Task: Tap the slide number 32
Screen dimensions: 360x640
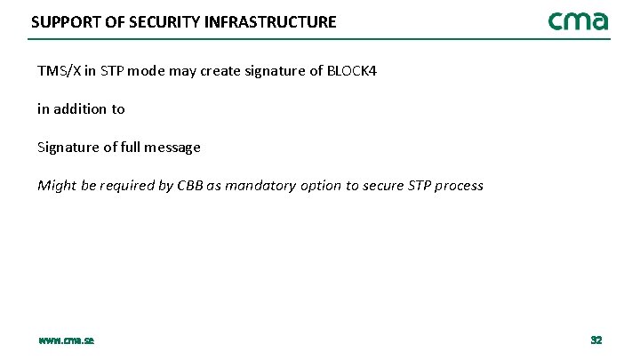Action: pos(596,340)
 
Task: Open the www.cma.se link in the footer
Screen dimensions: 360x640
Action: pos(67,340)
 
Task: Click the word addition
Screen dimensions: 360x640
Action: pos(81,108)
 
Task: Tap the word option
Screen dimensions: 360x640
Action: pos(324,186)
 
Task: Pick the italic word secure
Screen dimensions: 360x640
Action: pos(383,186)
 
